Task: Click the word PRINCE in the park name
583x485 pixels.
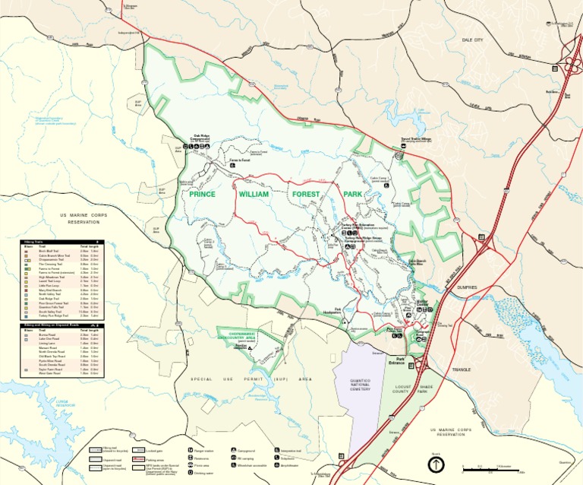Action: (x=203, y=195)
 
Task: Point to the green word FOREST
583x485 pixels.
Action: (x=307, y=195)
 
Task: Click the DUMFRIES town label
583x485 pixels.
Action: (x=468, y=287)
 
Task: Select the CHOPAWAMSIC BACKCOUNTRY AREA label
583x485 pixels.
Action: (x=243, y=334)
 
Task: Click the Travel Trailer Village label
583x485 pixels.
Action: (x=415, y=140)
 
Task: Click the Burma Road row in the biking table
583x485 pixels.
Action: (x=57, y=334)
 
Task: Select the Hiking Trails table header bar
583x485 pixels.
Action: (x=60, y=241)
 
